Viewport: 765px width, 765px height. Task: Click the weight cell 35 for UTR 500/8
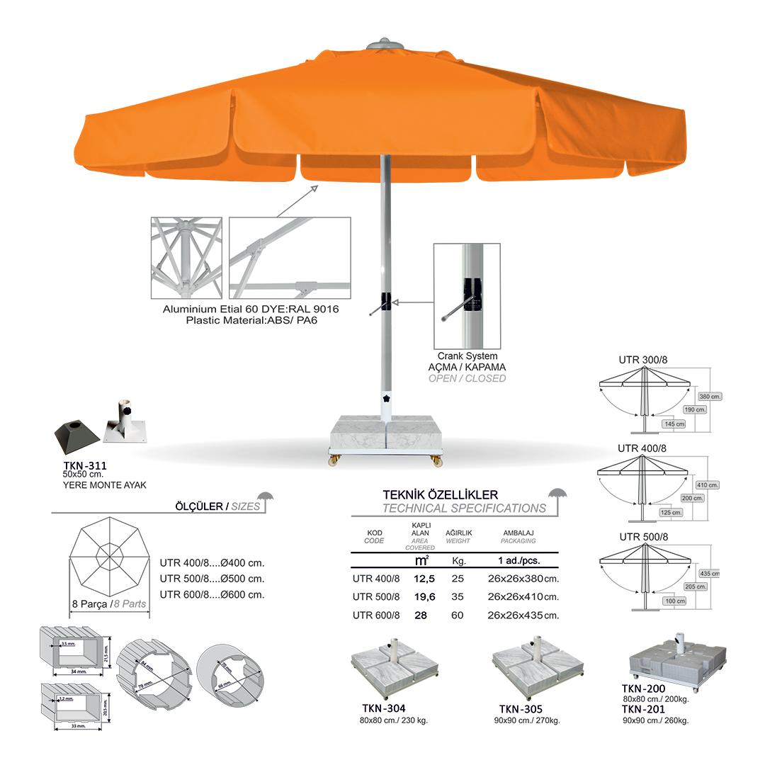click(457, 596)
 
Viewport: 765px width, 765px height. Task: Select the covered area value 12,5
click(425, 578)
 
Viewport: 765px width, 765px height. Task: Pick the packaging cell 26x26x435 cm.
click(523, 616)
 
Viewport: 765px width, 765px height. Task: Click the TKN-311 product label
click(84, 465)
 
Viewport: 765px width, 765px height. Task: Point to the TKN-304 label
click(382, 708)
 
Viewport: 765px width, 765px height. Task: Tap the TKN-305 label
click(521, 709)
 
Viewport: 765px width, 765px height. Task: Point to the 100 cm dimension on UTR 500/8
click(675, 601)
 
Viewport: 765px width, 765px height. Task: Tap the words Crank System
click(467, 356)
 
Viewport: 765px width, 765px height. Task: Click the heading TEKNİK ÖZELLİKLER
click(440, 494)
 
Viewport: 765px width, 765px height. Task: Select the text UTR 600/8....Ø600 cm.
click(212, 594)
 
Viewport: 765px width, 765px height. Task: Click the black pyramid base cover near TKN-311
click(74, 436)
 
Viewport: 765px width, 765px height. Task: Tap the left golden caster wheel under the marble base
click(333, 460)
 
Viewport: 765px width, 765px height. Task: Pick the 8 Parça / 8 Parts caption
click(108, 604)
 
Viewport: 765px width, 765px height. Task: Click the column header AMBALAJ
click(518, 533)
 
